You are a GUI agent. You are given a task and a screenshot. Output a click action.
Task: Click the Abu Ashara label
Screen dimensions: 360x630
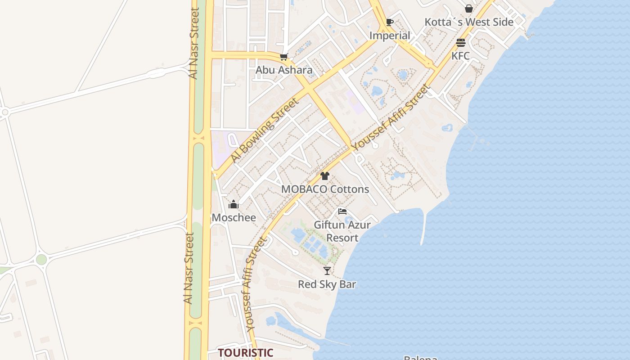[284, 70]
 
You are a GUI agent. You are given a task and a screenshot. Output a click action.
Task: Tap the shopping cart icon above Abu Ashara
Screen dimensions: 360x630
[283, 57]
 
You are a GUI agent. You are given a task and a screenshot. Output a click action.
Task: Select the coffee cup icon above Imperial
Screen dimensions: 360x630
[390, 22]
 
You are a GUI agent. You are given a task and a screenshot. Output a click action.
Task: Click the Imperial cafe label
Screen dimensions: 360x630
[390, 36]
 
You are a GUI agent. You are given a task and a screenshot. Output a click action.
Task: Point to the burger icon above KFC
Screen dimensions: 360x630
[460, 43]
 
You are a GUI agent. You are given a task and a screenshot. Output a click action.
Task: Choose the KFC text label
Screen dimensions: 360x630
[460, 56]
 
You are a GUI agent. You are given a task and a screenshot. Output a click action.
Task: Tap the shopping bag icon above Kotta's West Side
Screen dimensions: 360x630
[469, 9]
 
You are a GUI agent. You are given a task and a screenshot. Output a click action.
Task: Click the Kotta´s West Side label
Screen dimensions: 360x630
[469, 22]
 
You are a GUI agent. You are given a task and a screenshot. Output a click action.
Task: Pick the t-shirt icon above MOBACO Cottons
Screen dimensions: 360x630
[325, 176]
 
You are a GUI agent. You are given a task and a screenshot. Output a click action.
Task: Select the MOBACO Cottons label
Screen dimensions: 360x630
[325, 189]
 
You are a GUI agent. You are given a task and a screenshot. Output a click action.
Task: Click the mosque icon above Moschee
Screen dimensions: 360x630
[234, 205]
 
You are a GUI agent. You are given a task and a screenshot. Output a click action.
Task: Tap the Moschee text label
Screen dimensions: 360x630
[234, 218]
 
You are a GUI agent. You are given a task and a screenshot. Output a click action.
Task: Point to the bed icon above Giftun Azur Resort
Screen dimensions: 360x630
[342, 211]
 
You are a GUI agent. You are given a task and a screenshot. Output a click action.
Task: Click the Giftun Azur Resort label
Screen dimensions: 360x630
[342, 231]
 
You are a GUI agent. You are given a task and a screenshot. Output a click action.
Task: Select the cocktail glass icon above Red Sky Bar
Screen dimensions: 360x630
[327, 271]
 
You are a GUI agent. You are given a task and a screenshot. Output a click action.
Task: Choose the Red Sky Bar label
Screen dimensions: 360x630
[327, 284]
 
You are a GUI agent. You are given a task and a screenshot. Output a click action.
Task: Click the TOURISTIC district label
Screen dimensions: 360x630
[246, 353]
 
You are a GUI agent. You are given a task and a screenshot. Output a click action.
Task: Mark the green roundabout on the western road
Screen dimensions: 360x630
[41, 259]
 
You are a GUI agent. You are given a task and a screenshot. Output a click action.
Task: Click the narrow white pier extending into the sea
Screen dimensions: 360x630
[424, 227]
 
